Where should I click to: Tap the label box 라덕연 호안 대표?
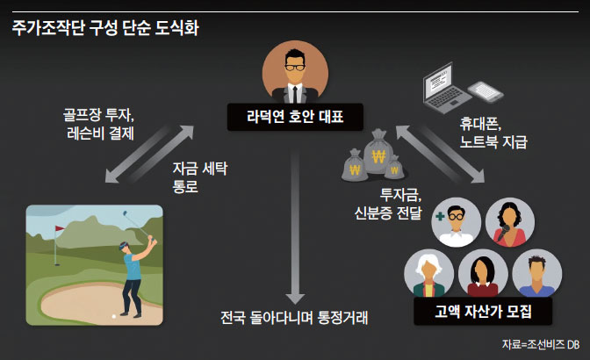295,116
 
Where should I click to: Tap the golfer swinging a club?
133,263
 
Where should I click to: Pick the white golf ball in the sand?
113,316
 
